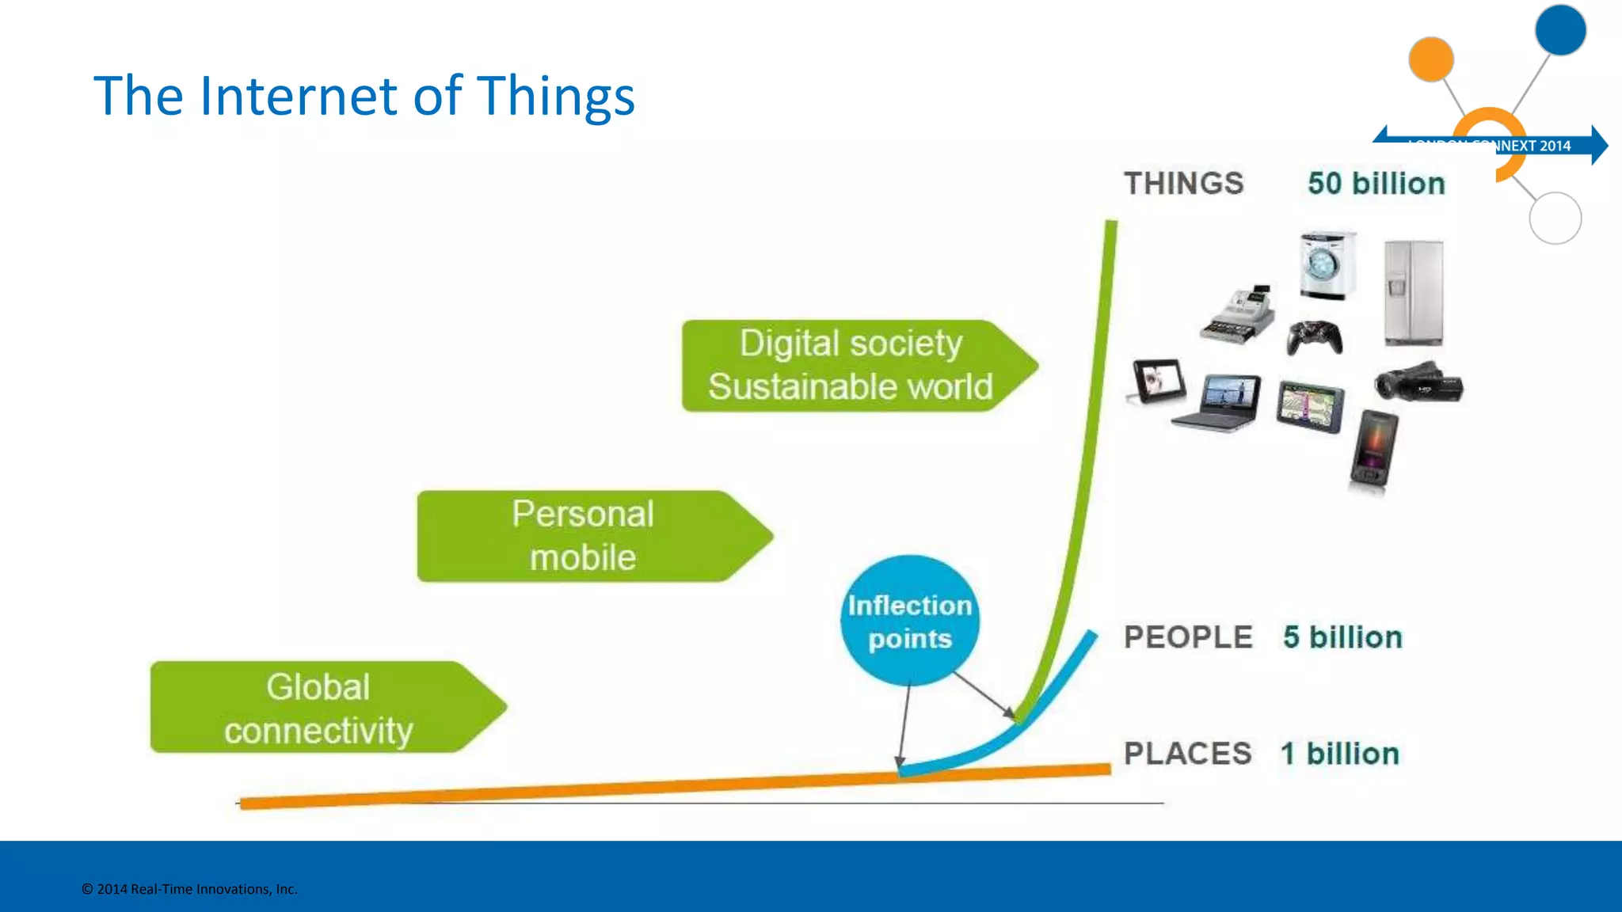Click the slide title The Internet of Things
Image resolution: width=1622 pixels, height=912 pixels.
(364, 96)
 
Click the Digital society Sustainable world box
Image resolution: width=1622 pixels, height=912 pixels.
(851, 366)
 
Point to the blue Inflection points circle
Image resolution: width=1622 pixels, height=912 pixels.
(910, 621)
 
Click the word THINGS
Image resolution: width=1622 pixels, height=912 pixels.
(1183, 184)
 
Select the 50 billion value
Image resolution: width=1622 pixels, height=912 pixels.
(1376, 184)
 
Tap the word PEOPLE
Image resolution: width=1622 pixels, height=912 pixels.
(1187, 637)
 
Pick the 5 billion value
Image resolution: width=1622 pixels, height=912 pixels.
(1342, 637)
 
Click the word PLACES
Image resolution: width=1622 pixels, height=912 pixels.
(1187, 754)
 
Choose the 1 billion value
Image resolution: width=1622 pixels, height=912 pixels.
(1339, 754)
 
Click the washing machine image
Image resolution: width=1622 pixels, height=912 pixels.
(1327, 265)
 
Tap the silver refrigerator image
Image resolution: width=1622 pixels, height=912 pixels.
(1414, 293)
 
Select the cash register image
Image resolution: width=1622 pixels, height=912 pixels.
(1238, 314)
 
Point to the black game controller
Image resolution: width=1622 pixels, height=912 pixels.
(1314, 336)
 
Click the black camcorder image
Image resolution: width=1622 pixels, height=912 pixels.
(1418, 382)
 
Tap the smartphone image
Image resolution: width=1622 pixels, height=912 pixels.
(1374, 448)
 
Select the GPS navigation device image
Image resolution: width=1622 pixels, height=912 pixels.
(1310, 406)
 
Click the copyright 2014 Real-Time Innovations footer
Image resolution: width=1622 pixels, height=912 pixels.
(189, 889)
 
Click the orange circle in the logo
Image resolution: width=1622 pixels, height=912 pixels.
(1430, 59)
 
